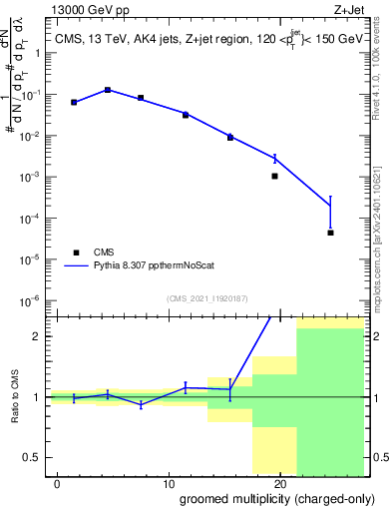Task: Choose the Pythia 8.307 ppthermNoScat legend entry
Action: point(150,266)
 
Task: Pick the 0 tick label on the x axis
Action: point(58,484)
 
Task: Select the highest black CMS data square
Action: point(108,90)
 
